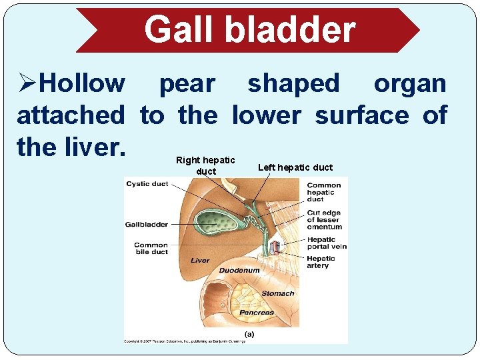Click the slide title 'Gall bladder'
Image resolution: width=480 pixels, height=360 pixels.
click(250, 30)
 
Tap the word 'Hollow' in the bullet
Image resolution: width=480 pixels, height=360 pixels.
click(82, 84)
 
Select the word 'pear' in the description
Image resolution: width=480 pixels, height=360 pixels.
click(187, 84)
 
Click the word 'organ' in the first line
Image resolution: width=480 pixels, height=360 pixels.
click(410, 84)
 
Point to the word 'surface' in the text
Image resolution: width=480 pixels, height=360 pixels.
click(362, 115)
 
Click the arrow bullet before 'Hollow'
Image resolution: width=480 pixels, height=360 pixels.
click(27, 84)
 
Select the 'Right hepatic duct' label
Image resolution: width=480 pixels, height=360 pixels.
click(205, 165)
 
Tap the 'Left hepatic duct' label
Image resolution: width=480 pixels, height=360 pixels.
click(295, 167)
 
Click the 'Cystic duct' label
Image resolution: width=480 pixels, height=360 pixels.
click(147, 184)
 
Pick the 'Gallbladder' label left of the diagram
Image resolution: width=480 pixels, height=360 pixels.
click(146, 225)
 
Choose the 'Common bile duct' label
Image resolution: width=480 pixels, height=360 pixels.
click(151, 249)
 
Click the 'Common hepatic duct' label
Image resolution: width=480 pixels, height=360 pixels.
click(324, 192)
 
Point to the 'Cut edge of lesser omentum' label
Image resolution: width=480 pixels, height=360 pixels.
click(324, 220)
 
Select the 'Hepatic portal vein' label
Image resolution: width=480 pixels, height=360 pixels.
click(327, 243)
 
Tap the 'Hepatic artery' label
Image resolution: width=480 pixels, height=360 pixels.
click(321, 262)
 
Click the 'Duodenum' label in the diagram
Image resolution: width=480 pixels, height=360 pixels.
click(239, 271)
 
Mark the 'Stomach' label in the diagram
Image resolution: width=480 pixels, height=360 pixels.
click(277, 293)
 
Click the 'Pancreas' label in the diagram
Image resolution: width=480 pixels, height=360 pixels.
click(257, 313)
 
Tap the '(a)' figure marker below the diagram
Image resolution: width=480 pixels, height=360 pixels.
click(249, 334)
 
